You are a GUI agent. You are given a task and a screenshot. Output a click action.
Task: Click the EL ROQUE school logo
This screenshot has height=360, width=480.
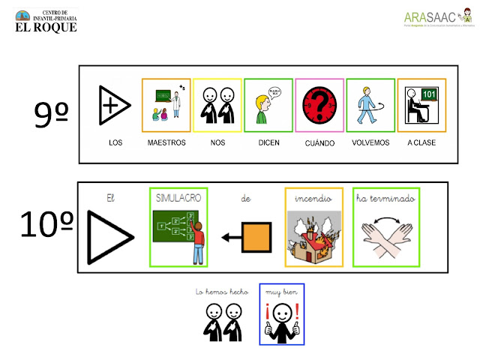pos(46,20)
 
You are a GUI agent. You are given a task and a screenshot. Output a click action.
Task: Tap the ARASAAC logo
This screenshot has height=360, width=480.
pos(439,19)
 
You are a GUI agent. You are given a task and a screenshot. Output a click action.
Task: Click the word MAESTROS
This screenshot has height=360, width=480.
pos(166,142)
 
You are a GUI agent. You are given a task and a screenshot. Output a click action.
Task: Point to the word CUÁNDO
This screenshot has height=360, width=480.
pos(319,142)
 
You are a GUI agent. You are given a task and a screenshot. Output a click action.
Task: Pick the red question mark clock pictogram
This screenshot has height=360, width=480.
pos(319,104)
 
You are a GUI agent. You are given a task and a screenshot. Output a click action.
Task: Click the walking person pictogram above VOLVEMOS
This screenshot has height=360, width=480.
pos(369,104)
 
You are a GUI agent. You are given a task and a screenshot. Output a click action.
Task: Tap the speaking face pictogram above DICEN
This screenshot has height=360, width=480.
pos(268,104)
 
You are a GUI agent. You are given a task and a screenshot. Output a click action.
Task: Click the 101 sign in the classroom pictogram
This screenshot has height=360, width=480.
pos(428,94)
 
